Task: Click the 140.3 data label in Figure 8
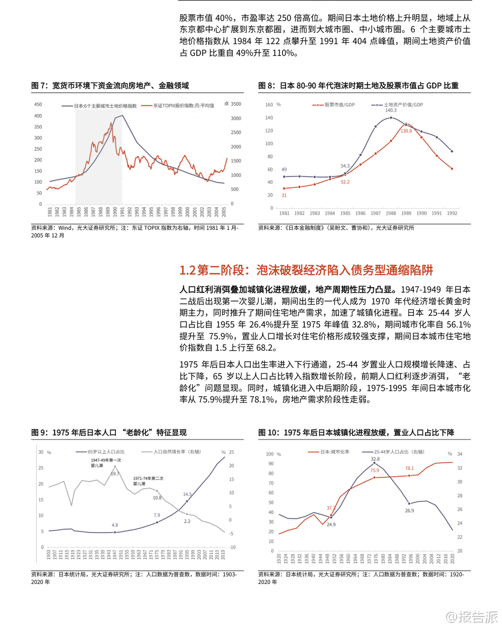coord(391,110)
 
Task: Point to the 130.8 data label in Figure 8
coord(406,131)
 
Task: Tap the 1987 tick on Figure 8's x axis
coord(376,213)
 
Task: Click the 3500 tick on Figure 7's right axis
coord(236,104)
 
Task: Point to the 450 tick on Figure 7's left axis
coord(38,104)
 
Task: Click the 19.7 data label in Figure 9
coord(115,474)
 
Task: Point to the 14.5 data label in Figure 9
coord(187,494)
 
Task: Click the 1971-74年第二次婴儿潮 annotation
coord(148,481)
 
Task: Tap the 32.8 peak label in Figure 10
coord(375,459)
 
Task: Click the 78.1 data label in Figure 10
coord(409,468)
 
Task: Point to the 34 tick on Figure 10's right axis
coord(460,454)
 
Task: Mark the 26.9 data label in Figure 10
coord(409,511)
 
